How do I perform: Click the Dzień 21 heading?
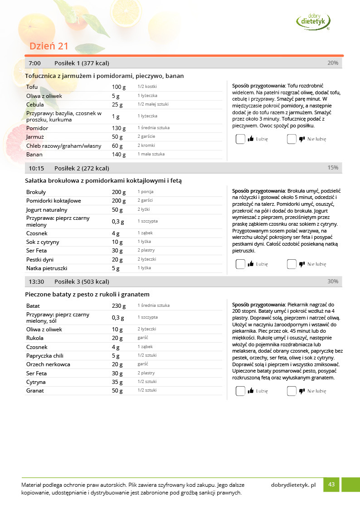(49, 46)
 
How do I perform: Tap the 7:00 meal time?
(34, 63)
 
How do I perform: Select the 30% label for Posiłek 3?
(333, 281)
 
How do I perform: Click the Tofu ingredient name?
(32, 87)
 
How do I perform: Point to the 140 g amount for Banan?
(118, 155)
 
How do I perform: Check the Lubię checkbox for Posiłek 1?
(240, 139)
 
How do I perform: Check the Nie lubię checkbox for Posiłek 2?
(292, 264)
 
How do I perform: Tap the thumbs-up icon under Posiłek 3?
(251, 391)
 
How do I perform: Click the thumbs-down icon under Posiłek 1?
(302, 139)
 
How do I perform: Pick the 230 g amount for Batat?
(117, 306)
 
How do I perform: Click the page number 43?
(331, 485)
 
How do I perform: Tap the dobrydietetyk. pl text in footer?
(293, 485)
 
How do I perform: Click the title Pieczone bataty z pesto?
(87, 294)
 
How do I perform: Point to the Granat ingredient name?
(35, 390)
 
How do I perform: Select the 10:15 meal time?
(36, 168)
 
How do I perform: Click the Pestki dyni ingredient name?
(40, 260)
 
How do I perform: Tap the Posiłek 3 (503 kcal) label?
(82, 281)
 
